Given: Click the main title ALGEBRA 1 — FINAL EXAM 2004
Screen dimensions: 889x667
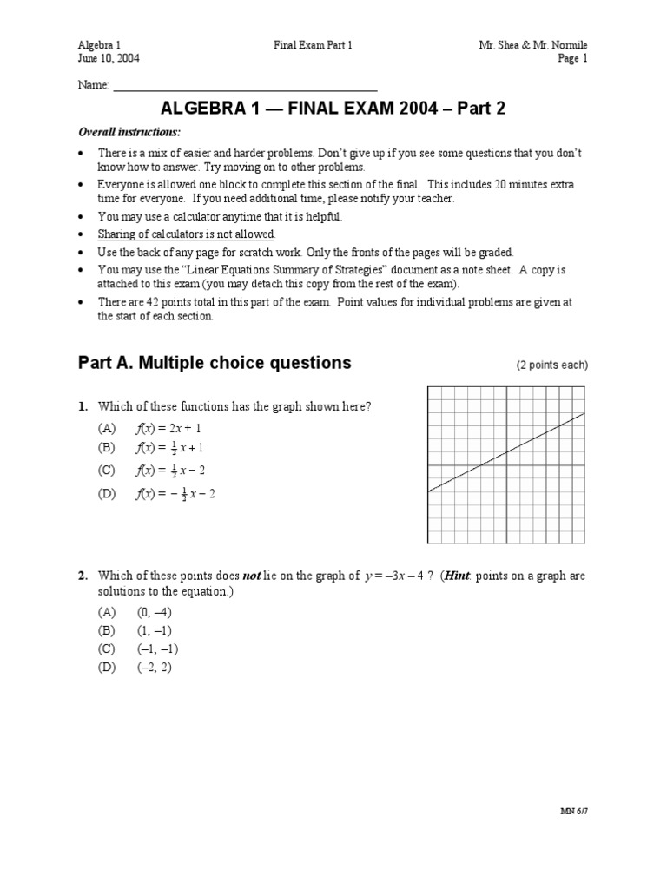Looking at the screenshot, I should [x=333, y=109].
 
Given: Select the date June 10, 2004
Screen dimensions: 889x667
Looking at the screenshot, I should [x=109, y=58].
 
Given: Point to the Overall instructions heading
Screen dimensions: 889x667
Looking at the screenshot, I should [x=129, y=132].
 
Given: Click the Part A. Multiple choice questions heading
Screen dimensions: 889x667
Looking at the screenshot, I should [x=215, y=364].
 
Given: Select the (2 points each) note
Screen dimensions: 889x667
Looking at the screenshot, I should [x=551, y=365].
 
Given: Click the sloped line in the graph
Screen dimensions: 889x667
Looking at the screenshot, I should [x=506, y=453].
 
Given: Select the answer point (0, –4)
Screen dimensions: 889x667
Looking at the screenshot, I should [x=155, y=611].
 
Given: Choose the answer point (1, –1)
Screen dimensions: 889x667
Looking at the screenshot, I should [x=155, y=630].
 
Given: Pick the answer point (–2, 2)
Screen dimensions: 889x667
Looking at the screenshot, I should [x=155, y=668].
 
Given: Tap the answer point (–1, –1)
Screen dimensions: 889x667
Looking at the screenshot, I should [x=157, y=649].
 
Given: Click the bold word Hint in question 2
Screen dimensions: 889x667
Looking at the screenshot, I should [x=459, y=576].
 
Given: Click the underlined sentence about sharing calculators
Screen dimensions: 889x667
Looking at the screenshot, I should [x=187, y=234].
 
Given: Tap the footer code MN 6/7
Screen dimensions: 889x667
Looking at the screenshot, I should [x=574, y=811].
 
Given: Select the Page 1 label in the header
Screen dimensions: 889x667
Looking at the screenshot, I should [x=572, y=58].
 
